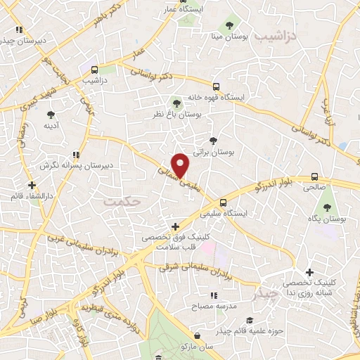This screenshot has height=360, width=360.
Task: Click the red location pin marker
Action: point(181,165)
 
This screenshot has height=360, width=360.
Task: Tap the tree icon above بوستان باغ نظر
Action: point(176,103)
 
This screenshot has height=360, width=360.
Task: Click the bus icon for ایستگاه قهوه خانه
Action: point(217,86)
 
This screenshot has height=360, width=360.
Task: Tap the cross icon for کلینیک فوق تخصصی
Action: point(175,226)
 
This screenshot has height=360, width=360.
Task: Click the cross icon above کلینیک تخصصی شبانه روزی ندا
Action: point(309,271)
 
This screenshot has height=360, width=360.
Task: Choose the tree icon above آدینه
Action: point(51,114)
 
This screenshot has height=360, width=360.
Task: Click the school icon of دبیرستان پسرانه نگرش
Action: point(75,155)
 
